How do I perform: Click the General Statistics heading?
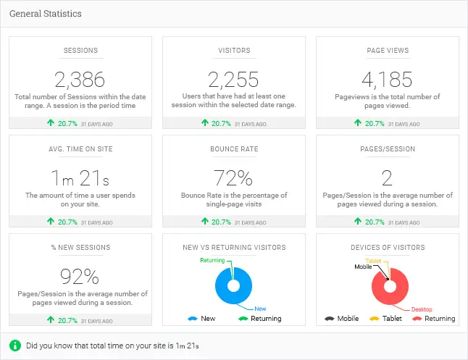pyautogui.click(x=46, y=14)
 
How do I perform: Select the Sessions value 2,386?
pyautogui.click(x=80, y=79)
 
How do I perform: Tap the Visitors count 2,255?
pyautogui.click(x=233, y=79)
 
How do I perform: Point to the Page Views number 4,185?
pyautogui.click(x=388, y=79)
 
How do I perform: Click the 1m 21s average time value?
pyautogui.click(x=80, y=177)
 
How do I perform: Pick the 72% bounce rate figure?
pyautogui.click(x=233, y=177)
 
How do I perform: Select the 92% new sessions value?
pyautogui.click(x=80, y=276)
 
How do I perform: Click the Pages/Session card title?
pyautogui.click(x=388, y=149)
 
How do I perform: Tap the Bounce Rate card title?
pyautogui.click(x=233, y=149)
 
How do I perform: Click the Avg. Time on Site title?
pyautogui.click(x=80, y=149)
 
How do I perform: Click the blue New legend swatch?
pyautogui.click(x=192, y=319)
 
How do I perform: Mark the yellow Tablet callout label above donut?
pyautogui.click(x=373, y=261)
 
